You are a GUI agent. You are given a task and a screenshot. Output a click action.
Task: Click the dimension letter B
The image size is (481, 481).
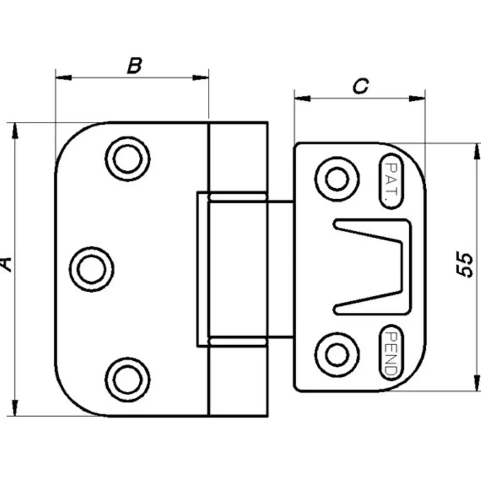point(134,66)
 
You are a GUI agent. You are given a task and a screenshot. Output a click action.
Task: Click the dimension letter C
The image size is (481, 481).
point(361,86)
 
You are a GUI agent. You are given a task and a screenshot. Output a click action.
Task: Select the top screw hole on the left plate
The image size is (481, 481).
point(127,159)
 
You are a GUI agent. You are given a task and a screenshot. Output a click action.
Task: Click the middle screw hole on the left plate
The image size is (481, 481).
point(91,269)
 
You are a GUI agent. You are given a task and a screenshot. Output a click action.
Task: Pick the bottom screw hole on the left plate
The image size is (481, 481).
point(127,379)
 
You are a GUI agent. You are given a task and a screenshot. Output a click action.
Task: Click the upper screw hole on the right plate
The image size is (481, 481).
point(337,179)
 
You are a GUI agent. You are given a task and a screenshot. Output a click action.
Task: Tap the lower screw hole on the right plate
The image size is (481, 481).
point(337,355)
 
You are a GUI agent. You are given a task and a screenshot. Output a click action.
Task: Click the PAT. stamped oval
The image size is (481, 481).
point(392,181)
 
